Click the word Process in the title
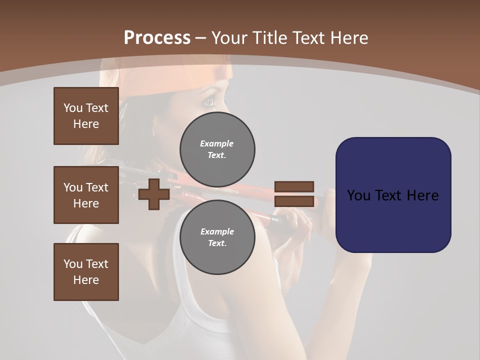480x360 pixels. pos(157,38)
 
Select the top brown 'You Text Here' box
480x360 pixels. pos(86,116)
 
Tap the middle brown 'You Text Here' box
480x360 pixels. pos(86,195)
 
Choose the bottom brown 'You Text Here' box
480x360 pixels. pos(86,272)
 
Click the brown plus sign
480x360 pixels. pos(154,194)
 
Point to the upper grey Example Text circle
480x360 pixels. pos(217,149)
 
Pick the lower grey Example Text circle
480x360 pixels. pos(217,237)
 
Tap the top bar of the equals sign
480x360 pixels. pos(294,186)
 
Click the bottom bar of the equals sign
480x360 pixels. pos(294,201)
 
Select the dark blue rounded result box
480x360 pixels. pos(393,195)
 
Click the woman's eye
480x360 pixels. pos(207,102)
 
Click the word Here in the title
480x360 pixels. pos(349,38)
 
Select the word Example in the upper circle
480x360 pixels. pos(216,143)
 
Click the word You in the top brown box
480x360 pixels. pos(72,108)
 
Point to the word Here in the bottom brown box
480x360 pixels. pos(86,280)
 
